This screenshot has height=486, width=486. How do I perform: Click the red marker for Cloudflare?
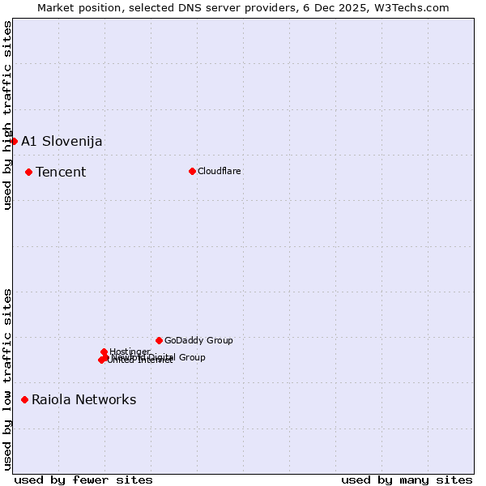click(192, 171)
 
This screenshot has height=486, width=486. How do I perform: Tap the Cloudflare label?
click(220, 171)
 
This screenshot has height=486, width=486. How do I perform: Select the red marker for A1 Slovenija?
click(14, 141)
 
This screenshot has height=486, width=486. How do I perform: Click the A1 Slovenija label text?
click(62, 141)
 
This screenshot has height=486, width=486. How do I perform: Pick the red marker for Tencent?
click(28, 172)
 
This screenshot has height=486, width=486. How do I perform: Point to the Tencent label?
click(61, 172)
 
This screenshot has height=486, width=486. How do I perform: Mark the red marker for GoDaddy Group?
click(159, 340)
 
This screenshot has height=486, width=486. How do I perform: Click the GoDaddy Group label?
click(198, 340)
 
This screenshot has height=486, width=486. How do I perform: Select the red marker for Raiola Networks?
click(24, 399)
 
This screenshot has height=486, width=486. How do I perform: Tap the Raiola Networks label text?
click(84, 399)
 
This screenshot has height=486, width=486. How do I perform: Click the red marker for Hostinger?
click(104, 352)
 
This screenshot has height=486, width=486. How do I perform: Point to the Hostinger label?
click(130, 351)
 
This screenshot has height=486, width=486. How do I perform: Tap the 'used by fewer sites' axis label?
click(83, 480)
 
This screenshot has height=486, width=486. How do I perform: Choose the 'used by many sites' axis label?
click(407, 480)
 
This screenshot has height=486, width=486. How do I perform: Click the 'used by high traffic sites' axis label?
click(7, 115)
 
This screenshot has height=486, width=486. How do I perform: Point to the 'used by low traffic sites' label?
click(7, 378)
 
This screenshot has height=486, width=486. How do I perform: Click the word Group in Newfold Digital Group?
click(191, 357)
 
